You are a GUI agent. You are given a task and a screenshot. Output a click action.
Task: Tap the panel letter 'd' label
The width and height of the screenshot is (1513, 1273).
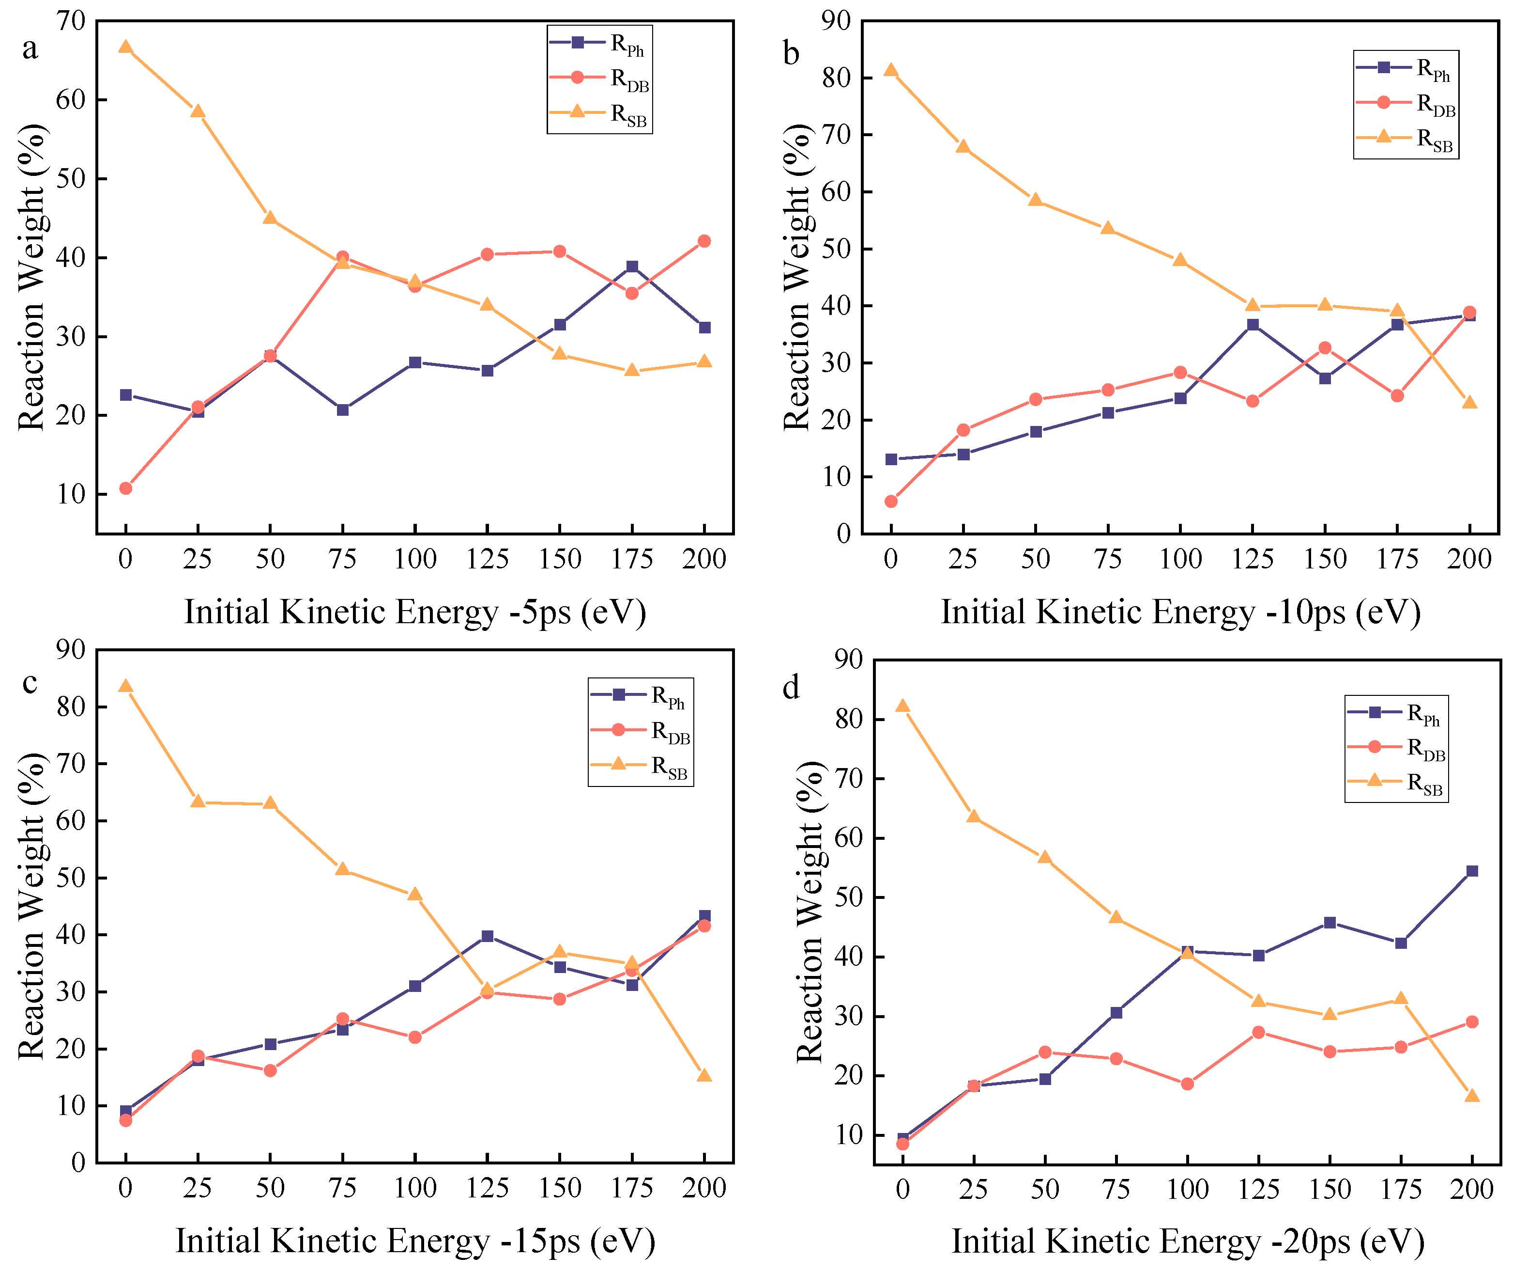pos(791,688)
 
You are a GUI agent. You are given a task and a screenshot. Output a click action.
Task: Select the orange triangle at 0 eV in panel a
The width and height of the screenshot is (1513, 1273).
pos(125,47)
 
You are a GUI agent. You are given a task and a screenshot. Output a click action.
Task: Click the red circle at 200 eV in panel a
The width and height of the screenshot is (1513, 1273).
pos(704,241)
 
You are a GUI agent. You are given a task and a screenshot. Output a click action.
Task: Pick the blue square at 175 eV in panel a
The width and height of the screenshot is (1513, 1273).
pos(632,267)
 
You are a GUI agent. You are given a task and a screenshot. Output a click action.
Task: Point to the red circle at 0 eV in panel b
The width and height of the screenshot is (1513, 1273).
pos(891,502)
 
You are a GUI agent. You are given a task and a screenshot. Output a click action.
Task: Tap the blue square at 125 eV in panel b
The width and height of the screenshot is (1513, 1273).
pos(1253,325)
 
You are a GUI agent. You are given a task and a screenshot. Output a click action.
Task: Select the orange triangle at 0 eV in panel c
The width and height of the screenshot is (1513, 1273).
pos(125,686)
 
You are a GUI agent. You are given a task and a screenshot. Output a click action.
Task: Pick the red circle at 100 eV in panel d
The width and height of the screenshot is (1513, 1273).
pos(1187,1084)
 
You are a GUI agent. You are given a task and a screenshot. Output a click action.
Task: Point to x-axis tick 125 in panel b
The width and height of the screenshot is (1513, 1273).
pos(1253,559)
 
